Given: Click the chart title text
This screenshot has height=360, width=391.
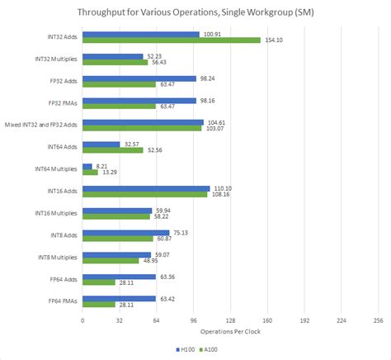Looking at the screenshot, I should point(195,12).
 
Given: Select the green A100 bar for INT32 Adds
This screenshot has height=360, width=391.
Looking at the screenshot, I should point(171,40).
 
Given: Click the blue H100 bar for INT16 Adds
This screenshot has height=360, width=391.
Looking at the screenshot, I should point(146,188).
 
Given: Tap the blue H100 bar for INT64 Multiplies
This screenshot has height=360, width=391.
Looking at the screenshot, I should point(87,166).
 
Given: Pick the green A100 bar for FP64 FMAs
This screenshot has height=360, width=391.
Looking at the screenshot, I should point(98,306).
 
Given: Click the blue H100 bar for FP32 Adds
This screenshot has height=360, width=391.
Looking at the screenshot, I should point(139,78).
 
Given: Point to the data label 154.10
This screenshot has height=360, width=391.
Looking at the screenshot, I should point(273,40).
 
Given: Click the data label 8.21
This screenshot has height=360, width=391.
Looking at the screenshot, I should point(103,166).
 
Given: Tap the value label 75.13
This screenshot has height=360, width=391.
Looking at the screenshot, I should point(181,233).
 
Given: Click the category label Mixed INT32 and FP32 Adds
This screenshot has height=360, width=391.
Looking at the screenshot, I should point(40,125).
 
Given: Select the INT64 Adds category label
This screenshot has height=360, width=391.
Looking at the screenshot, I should point(59,147).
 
